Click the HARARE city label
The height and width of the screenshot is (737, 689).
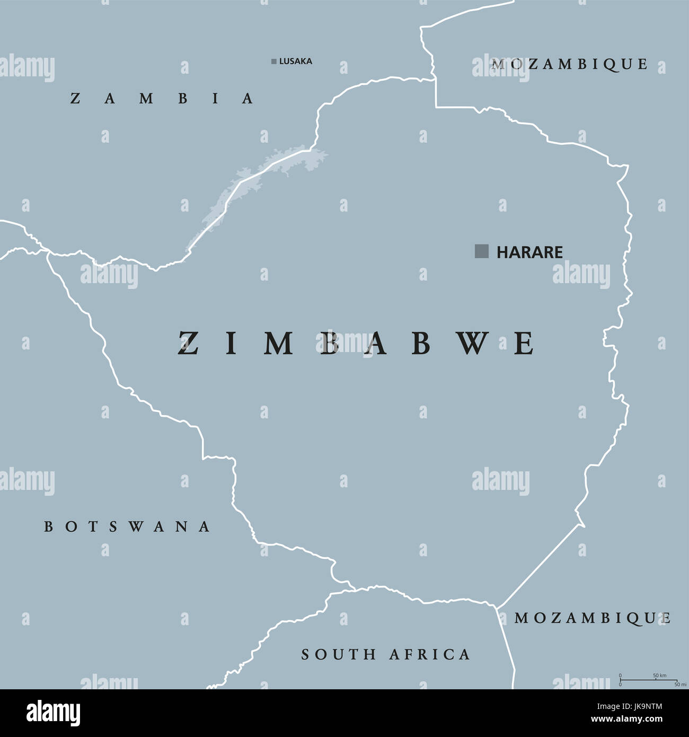tap(529, 252)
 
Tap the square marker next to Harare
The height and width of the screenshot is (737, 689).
tap(481, 251)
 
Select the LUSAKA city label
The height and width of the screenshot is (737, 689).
tap(295, 62)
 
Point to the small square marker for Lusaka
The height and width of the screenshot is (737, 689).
tap(273, 62)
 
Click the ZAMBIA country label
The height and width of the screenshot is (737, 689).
tap(162, 99)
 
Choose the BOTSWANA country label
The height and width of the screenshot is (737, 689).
tap(127, 527)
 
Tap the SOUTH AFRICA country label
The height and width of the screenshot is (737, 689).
tap(385, 655)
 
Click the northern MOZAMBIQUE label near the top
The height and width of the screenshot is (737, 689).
tap(570, 64)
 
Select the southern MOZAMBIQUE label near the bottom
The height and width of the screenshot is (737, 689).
tap(593, 618)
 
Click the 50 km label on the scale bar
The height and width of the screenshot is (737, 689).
tap(659, 675)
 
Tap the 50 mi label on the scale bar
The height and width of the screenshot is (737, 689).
tap(676, 685)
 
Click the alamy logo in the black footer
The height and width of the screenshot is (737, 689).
tap(53, 713)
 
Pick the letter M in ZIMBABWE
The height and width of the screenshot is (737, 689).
tap(279, 344)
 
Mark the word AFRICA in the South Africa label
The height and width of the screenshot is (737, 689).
tap(429, 655)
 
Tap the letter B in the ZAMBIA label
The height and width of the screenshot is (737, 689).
tap(182, 99)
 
